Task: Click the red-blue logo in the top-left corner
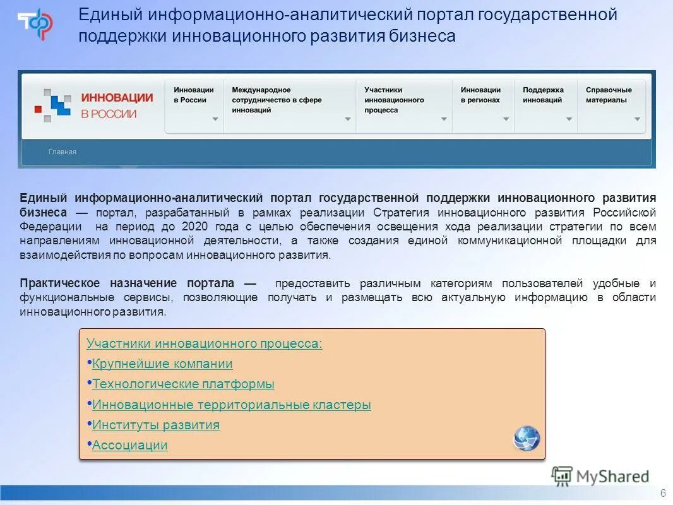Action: coord(35,24)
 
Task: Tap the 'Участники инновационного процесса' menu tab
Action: coord(403,100)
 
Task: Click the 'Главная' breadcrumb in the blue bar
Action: coord(63,151)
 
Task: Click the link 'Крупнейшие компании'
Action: coord(162,364)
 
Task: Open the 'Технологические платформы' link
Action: coord(183,384)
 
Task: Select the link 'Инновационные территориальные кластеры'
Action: coord(231,405)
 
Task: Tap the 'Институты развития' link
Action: coord(156,425)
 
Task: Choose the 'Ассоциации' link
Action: coord(130,446)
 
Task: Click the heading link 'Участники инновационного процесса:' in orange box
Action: coord(204,344)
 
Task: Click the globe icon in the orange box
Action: coord(527,438)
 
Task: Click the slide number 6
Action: coord(663,493)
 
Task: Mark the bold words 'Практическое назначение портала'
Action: coord(126,283)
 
